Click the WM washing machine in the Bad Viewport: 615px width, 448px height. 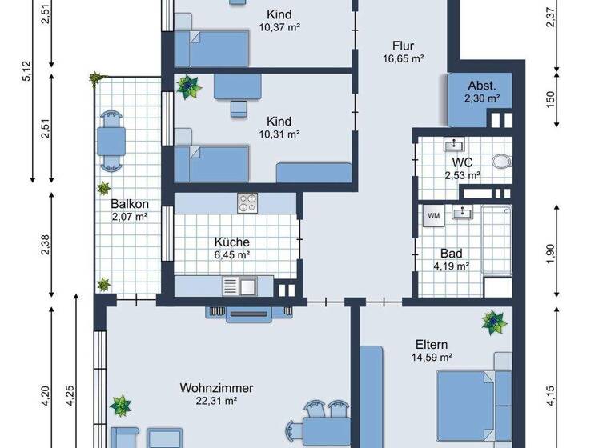(433, 215)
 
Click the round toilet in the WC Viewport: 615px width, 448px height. (501, 161)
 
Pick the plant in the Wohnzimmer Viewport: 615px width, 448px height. (121, 405)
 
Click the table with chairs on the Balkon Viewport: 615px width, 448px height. (110, 141)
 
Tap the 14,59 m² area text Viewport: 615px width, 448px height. (432, 357)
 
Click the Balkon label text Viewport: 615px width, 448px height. (129, 204)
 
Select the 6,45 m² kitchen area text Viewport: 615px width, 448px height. (231, 254)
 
